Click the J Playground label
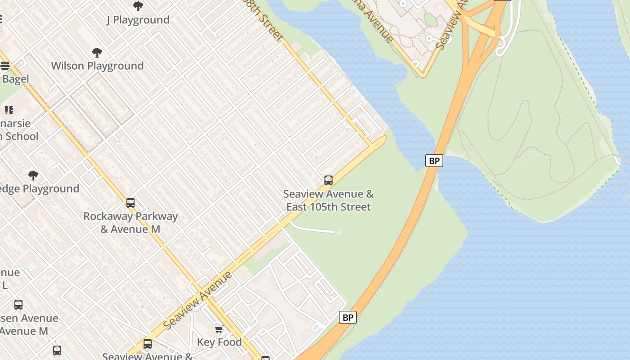click(138, 20)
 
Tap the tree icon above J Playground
click(138, 6)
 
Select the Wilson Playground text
click(97, 66)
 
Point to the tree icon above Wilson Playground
click(97, 53)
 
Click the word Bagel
click(15, 79)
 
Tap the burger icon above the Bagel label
click(5, 66)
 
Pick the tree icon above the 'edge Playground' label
click(33, 175)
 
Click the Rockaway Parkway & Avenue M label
click(130, 223)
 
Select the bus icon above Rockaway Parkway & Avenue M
click(130, 203)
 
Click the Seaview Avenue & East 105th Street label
click(328, 200)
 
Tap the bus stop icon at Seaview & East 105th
click(328, 180)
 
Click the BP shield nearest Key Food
click(347, 317)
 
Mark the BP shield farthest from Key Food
click(434, 161)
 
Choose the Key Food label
click(219, 342)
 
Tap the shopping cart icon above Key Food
click(219, 329)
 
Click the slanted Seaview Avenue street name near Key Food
click(198, 300)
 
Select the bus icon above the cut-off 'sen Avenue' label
click(18, 305)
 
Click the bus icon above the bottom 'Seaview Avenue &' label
click(148, 344)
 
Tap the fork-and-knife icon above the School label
click(9, 110)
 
